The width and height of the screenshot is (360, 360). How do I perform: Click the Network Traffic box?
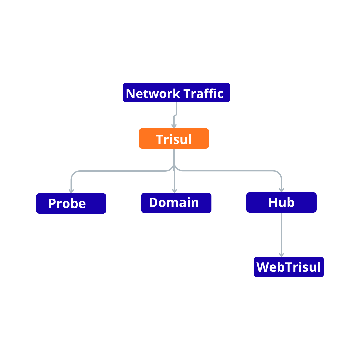pyautogui.click(x=177, y=93)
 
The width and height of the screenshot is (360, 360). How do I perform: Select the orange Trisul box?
pyautogui.click(x=174, y=138)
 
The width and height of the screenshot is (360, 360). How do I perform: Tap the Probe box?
pyautogui.click(x=71, y=203)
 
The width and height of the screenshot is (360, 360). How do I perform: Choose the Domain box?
pyautogui.click(x=176, y=203)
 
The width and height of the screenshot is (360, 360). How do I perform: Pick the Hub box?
pyautogui.click(x=281, y=203)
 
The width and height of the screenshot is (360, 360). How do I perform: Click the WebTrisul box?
pyautogui.click(x=289, y=267)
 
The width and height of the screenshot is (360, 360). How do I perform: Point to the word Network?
pyautogui.click(x=153, y=94)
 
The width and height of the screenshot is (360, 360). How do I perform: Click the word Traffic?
pyautogui.click(x=203, y=94)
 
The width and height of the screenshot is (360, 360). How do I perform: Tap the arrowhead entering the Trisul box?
pyautogui.click(x=174, y=126)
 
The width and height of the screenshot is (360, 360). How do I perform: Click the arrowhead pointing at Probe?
pyautogui.click(x=71, y=191)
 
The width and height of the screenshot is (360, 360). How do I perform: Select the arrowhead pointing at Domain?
pyautogui.click(x=174, y=191)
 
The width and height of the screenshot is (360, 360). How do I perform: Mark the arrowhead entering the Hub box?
pyautogui.click(x=281, y=190)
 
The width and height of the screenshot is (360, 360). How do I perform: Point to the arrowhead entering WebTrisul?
pyautogui.click(x=281, y=255)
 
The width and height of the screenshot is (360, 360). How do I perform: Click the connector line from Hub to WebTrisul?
pyautogui.click(x=281, y=235)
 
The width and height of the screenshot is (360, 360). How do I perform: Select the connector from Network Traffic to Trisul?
pyautogui.click(x=175, y=115)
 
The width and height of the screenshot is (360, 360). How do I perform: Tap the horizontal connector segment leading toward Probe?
pyautogui.click(x=122, y=171)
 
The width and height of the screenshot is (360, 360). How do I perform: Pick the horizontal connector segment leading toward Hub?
pyautogui.click(x=228, y=171)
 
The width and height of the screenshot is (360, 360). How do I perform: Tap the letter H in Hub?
pyautogui.click(x=273, y=203)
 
